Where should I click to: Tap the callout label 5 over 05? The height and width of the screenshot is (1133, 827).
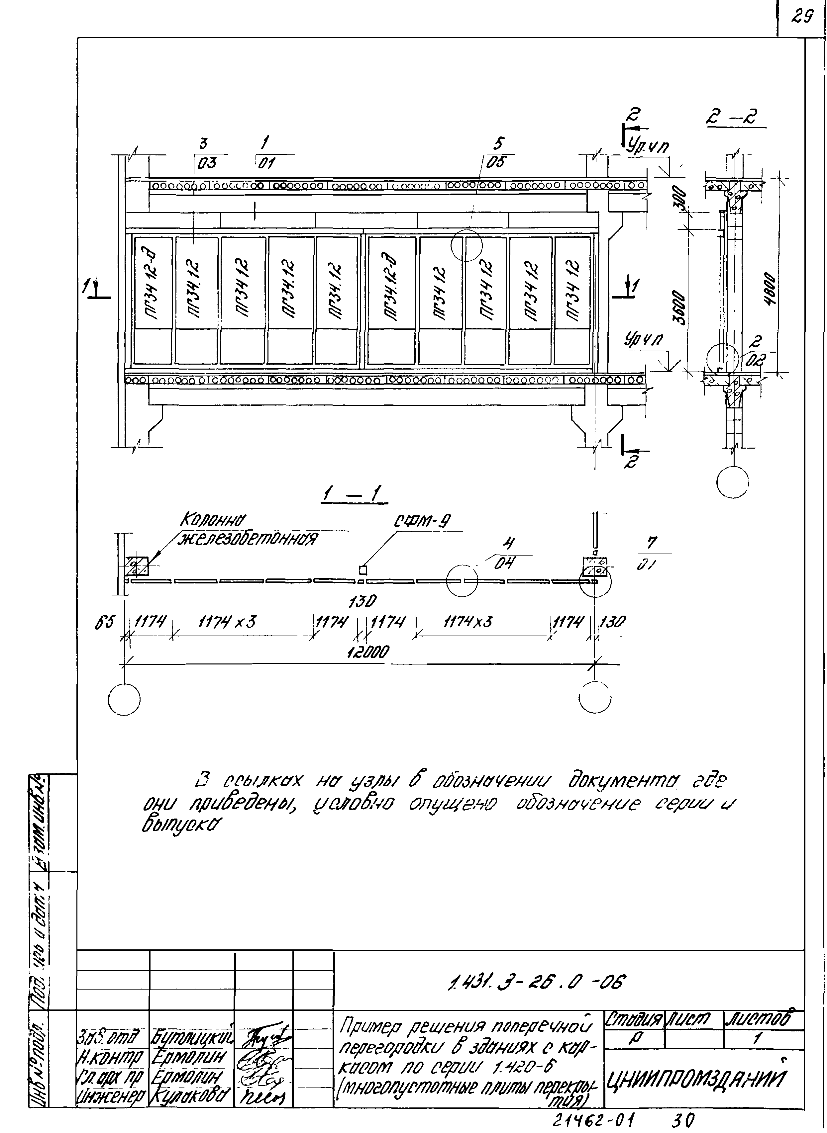tap(498, 152)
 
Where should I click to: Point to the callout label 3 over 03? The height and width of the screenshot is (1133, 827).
tap(204, 152)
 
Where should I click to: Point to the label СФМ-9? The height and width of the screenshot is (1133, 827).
tap(422, 522)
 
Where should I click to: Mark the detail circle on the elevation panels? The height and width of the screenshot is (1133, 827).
tap(466, 245)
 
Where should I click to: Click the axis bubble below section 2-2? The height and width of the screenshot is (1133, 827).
tap(732, 482)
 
